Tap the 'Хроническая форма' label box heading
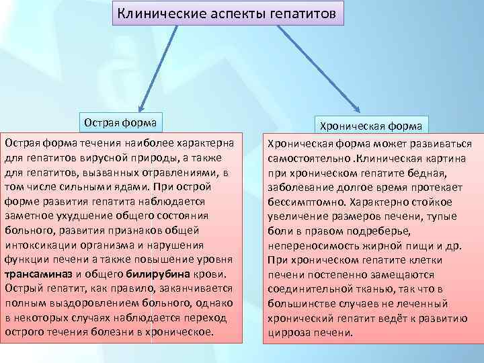click(x=370, y=126)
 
